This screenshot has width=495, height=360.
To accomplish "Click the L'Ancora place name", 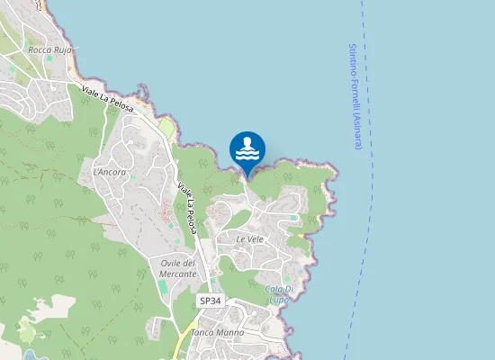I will click(109, 172).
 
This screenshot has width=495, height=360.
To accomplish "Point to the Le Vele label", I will click(249, 239).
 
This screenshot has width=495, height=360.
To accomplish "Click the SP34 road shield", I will click(210, 300).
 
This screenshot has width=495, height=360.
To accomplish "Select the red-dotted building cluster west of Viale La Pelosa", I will click(166, 217).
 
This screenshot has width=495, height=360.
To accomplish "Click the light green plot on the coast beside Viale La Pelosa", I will click(167, 130).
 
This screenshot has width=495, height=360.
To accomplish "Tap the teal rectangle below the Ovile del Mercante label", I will click(162, 286).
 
